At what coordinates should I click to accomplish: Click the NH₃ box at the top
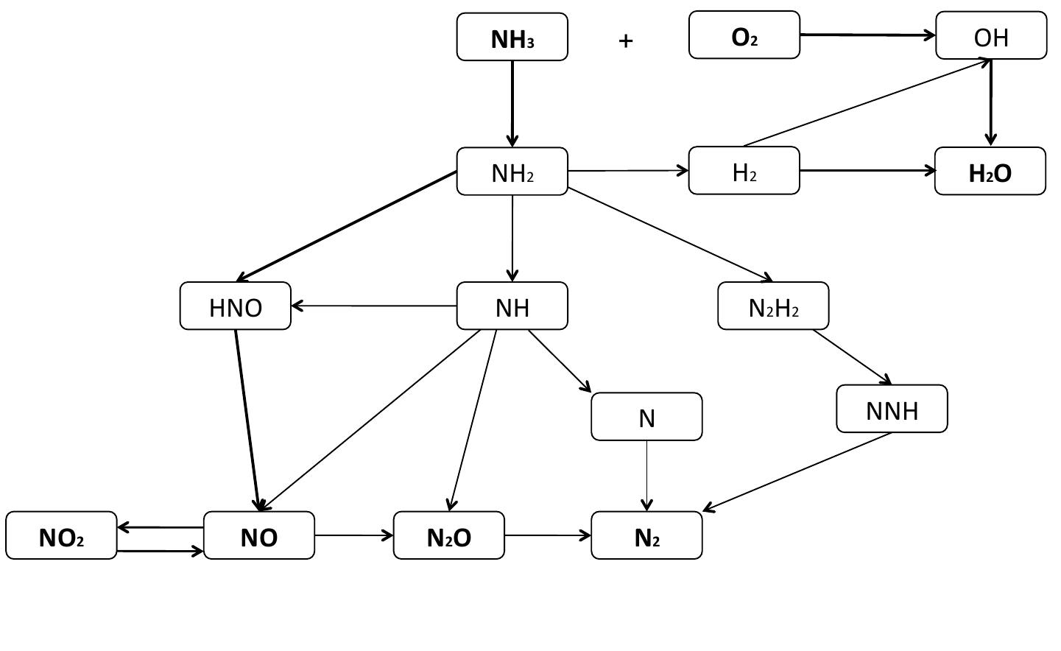coord(512,37)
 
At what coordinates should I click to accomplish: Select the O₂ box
coord(744,35)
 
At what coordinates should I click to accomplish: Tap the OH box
coord(990,35)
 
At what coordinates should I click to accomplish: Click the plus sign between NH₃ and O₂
coord(625,41)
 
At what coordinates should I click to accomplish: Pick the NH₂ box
coord(512,172)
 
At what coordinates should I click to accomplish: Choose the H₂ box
coord(744,171)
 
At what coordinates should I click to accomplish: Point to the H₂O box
coord(990,172)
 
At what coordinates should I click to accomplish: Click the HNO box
coord(235,306)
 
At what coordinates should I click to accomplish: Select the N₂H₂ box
coord(772,306)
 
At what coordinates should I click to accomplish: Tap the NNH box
coord(891,409)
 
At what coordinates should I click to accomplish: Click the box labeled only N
coord(646,417)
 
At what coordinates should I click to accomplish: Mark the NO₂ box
coord(61,536)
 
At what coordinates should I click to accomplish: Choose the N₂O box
coord(448,536)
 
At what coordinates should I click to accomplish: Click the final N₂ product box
coord(646,536)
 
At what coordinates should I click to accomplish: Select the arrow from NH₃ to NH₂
coord(512,103)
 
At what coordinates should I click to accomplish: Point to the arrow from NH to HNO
coord(373,306)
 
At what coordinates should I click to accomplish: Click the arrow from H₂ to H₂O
coord(867,171)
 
